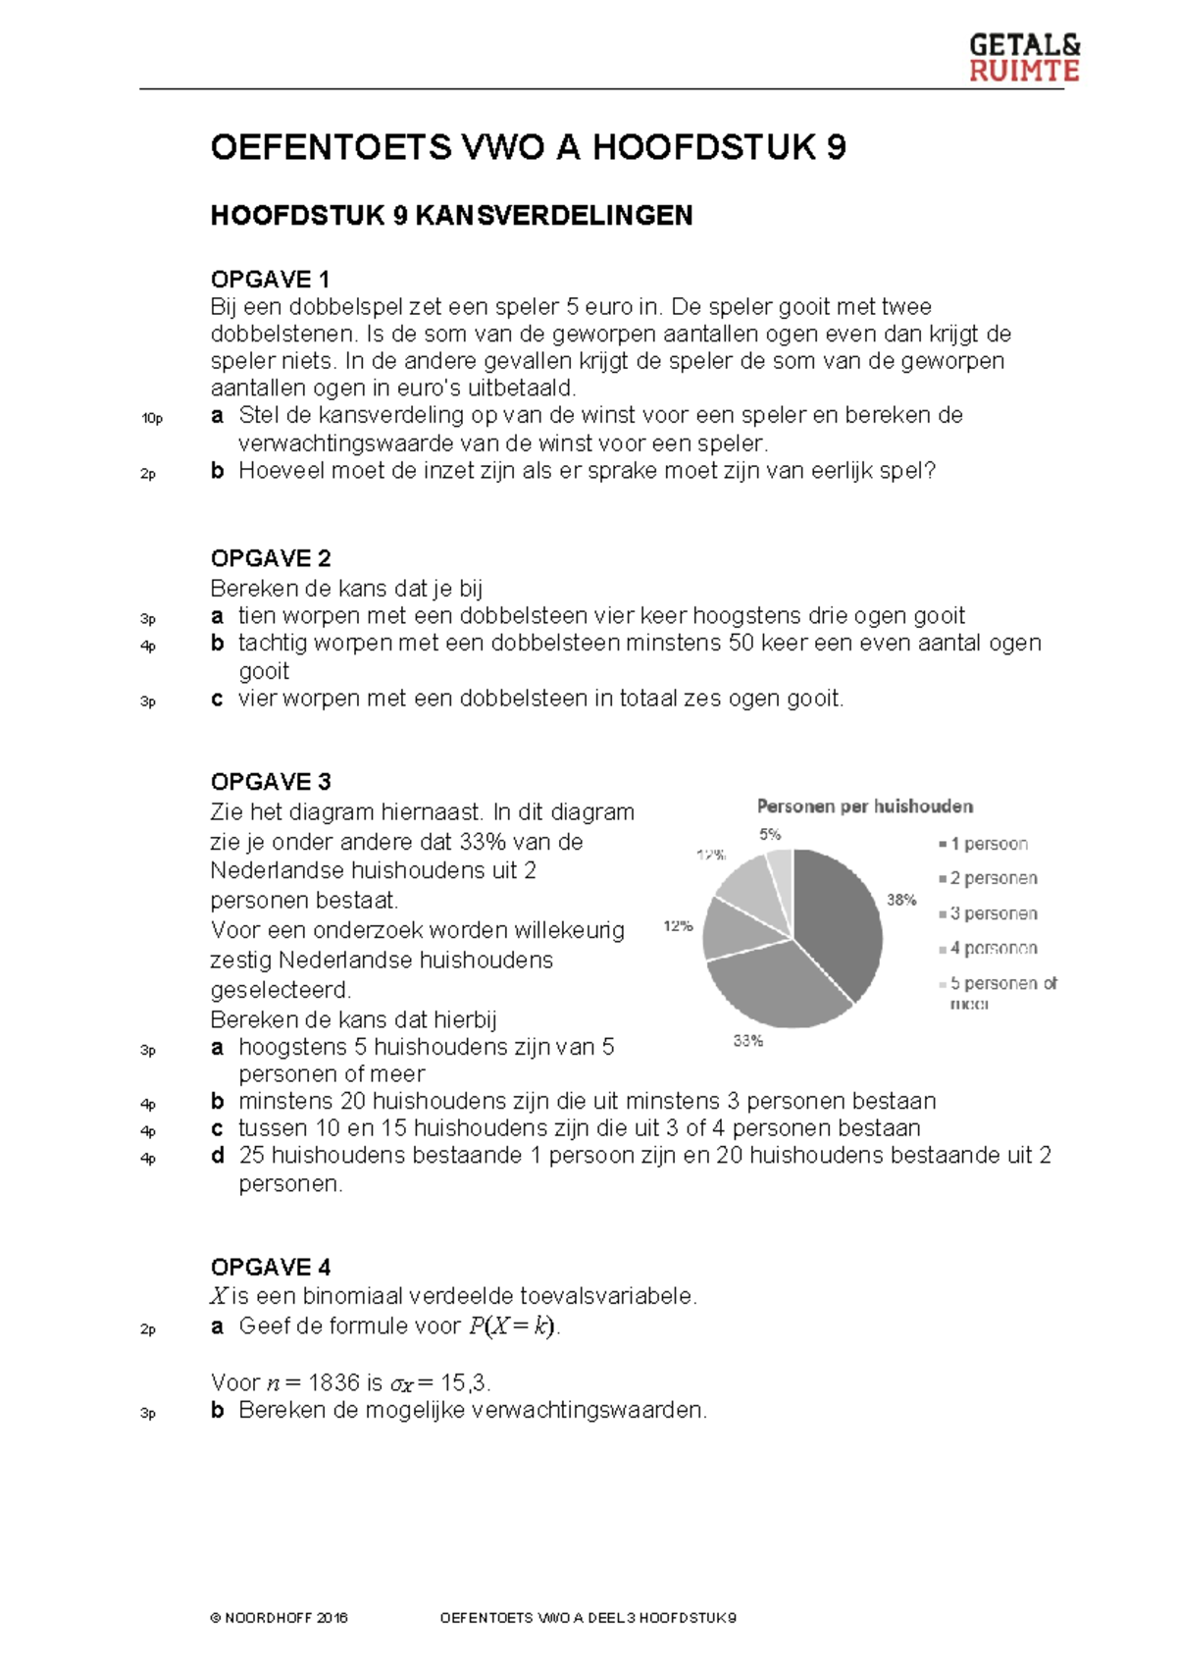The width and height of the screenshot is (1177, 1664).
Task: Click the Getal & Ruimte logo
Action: pyautogui.click(x=1023, y=58)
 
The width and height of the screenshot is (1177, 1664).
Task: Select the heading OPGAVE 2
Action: pyautogui.click(x=271, y=558)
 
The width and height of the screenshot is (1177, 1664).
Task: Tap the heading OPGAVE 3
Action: pyautogui.click(x=271, y=782)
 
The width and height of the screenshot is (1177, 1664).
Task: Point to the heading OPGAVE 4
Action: pyautogui.click(x=271, y=1267)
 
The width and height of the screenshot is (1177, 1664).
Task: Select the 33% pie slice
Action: pyautogui.click(x=775, y=986)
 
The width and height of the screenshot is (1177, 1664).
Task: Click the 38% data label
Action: pyautogui.click(x=901, y=900)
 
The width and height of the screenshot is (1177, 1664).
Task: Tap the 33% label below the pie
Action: pyautogui.click(x=748, y=1041)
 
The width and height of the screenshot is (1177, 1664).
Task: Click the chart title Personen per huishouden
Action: pyautogui.click(x=864, y=806)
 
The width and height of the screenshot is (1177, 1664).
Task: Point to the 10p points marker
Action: pyautogui.click(x=152, y=419)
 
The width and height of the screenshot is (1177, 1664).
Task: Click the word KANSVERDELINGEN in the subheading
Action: pyautogui.click(x=554, y=216)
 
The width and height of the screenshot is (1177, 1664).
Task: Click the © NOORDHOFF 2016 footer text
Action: pyautogui.click(x=279, y=1618)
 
